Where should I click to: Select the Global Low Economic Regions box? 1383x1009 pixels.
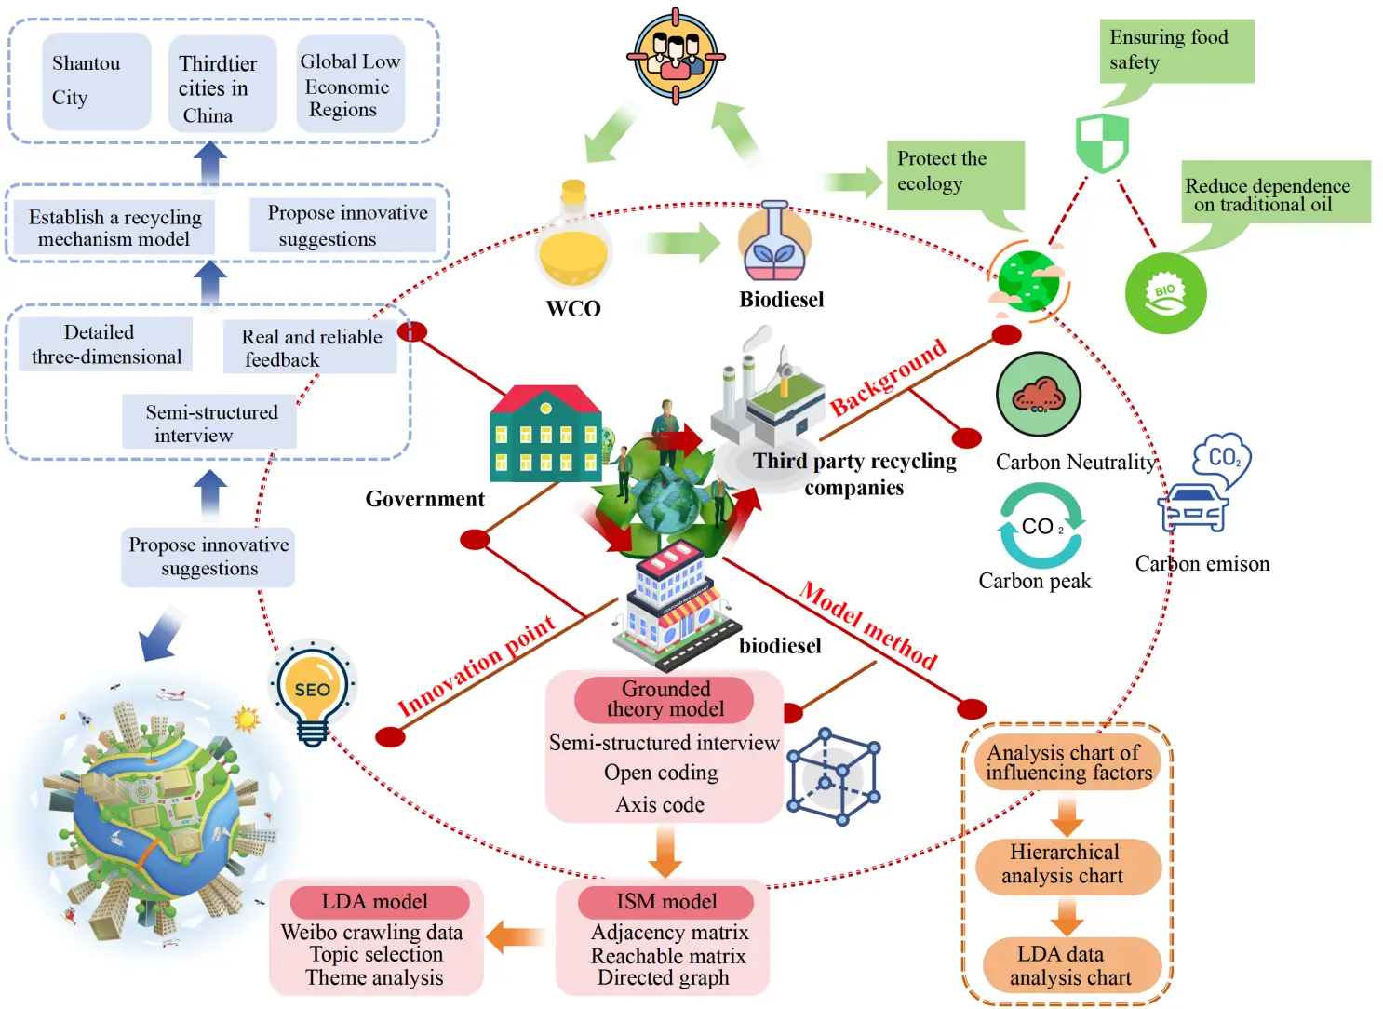point(350,85)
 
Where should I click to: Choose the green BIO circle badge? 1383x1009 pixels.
point(1165,293)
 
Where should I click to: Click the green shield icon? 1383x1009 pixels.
point(1102,142)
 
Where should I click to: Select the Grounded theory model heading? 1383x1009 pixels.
point(665,699)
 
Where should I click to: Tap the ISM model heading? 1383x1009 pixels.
point(665,901)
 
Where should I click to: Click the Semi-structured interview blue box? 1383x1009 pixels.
point(210,423)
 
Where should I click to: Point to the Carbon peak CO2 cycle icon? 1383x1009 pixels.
point(1041,526)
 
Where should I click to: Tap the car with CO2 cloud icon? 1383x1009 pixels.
point(1204,484)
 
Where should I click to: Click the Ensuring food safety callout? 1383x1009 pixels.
point(1175,51)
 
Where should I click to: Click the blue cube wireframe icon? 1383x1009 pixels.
point(833,776)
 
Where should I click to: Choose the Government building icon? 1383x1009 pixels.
point(545,435)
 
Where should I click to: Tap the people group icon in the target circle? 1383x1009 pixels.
point(676,56)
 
